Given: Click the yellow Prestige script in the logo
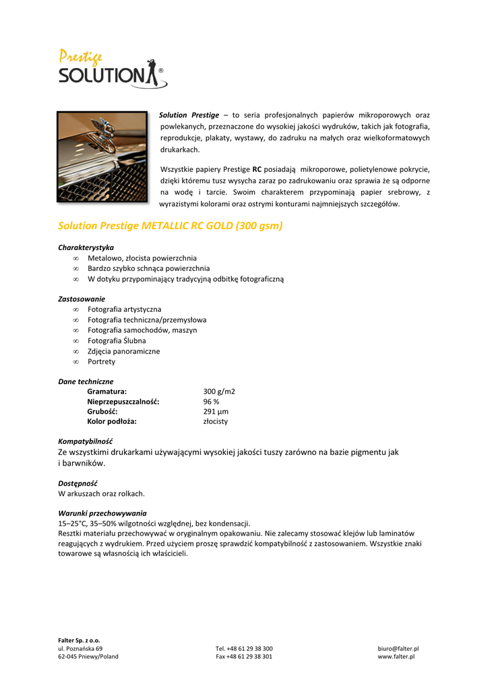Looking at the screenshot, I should pyautogui.click(x=80, y=57).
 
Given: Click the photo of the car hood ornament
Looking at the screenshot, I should pyautogui.click(x=102, y=156).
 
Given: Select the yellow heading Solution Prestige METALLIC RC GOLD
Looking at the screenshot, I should pyautogui.click(x=170, y=226).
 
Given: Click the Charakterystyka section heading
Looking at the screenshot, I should pyautogui.click(x=86, y=247).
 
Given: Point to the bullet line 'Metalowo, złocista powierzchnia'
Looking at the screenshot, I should pyautogui.click(x=142, y=258).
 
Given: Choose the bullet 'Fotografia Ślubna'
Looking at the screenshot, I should pyautogui.click(x=117, y=341).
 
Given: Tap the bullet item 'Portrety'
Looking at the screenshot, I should pyautogui.click(x=101, y=362).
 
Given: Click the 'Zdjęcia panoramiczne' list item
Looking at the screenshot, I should pyautogui.click(x=123, y=351).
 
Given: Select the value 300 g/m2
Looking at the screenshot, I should pyautogui.click(x=219, y=391).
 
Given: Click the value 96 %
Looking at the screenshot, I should pyautogui.click(x=211, y=402).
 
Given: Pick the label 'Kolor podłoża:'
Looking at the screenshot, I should pyautogui.click(x=112, y=421).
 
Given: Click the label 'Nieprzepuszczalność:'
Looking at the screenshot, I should pyautogui.click(x=123, y=402).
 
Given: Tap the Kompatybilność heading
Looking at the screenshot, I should pyautogui.click(x=85, y=441).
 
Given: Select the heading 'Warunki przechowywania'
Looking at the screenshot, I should pyautogui.click(x=102, y=513).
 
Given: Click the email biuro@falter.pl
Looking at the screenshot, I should pyautogui.click(x=398, y=648).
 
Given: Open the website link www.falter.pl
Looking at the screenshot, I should pyautogui.click(x=396, y=656).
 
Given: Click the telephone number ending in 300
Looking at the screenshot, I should pyautogui.click(x=244, y=648).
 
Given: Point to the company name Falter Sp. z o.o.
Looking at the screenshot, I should pyautogui.click(x=79, y=640).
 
